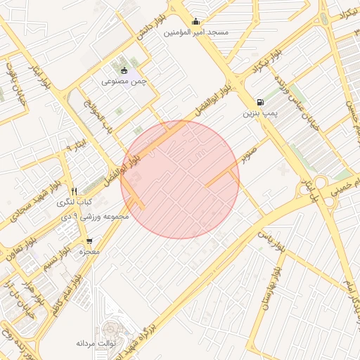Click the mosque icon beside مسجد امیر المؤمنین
[196, 20]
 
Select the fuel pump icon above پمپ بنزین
[262, 101]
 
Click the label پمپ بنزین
[262, 113]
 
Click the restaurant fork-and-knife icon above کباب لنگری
[74, 191]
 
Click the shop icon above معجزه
[89, 241]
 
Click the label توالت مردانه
[95, 343]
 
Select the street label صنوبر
[250, 154]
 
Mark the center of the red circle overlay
[180, 180]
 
